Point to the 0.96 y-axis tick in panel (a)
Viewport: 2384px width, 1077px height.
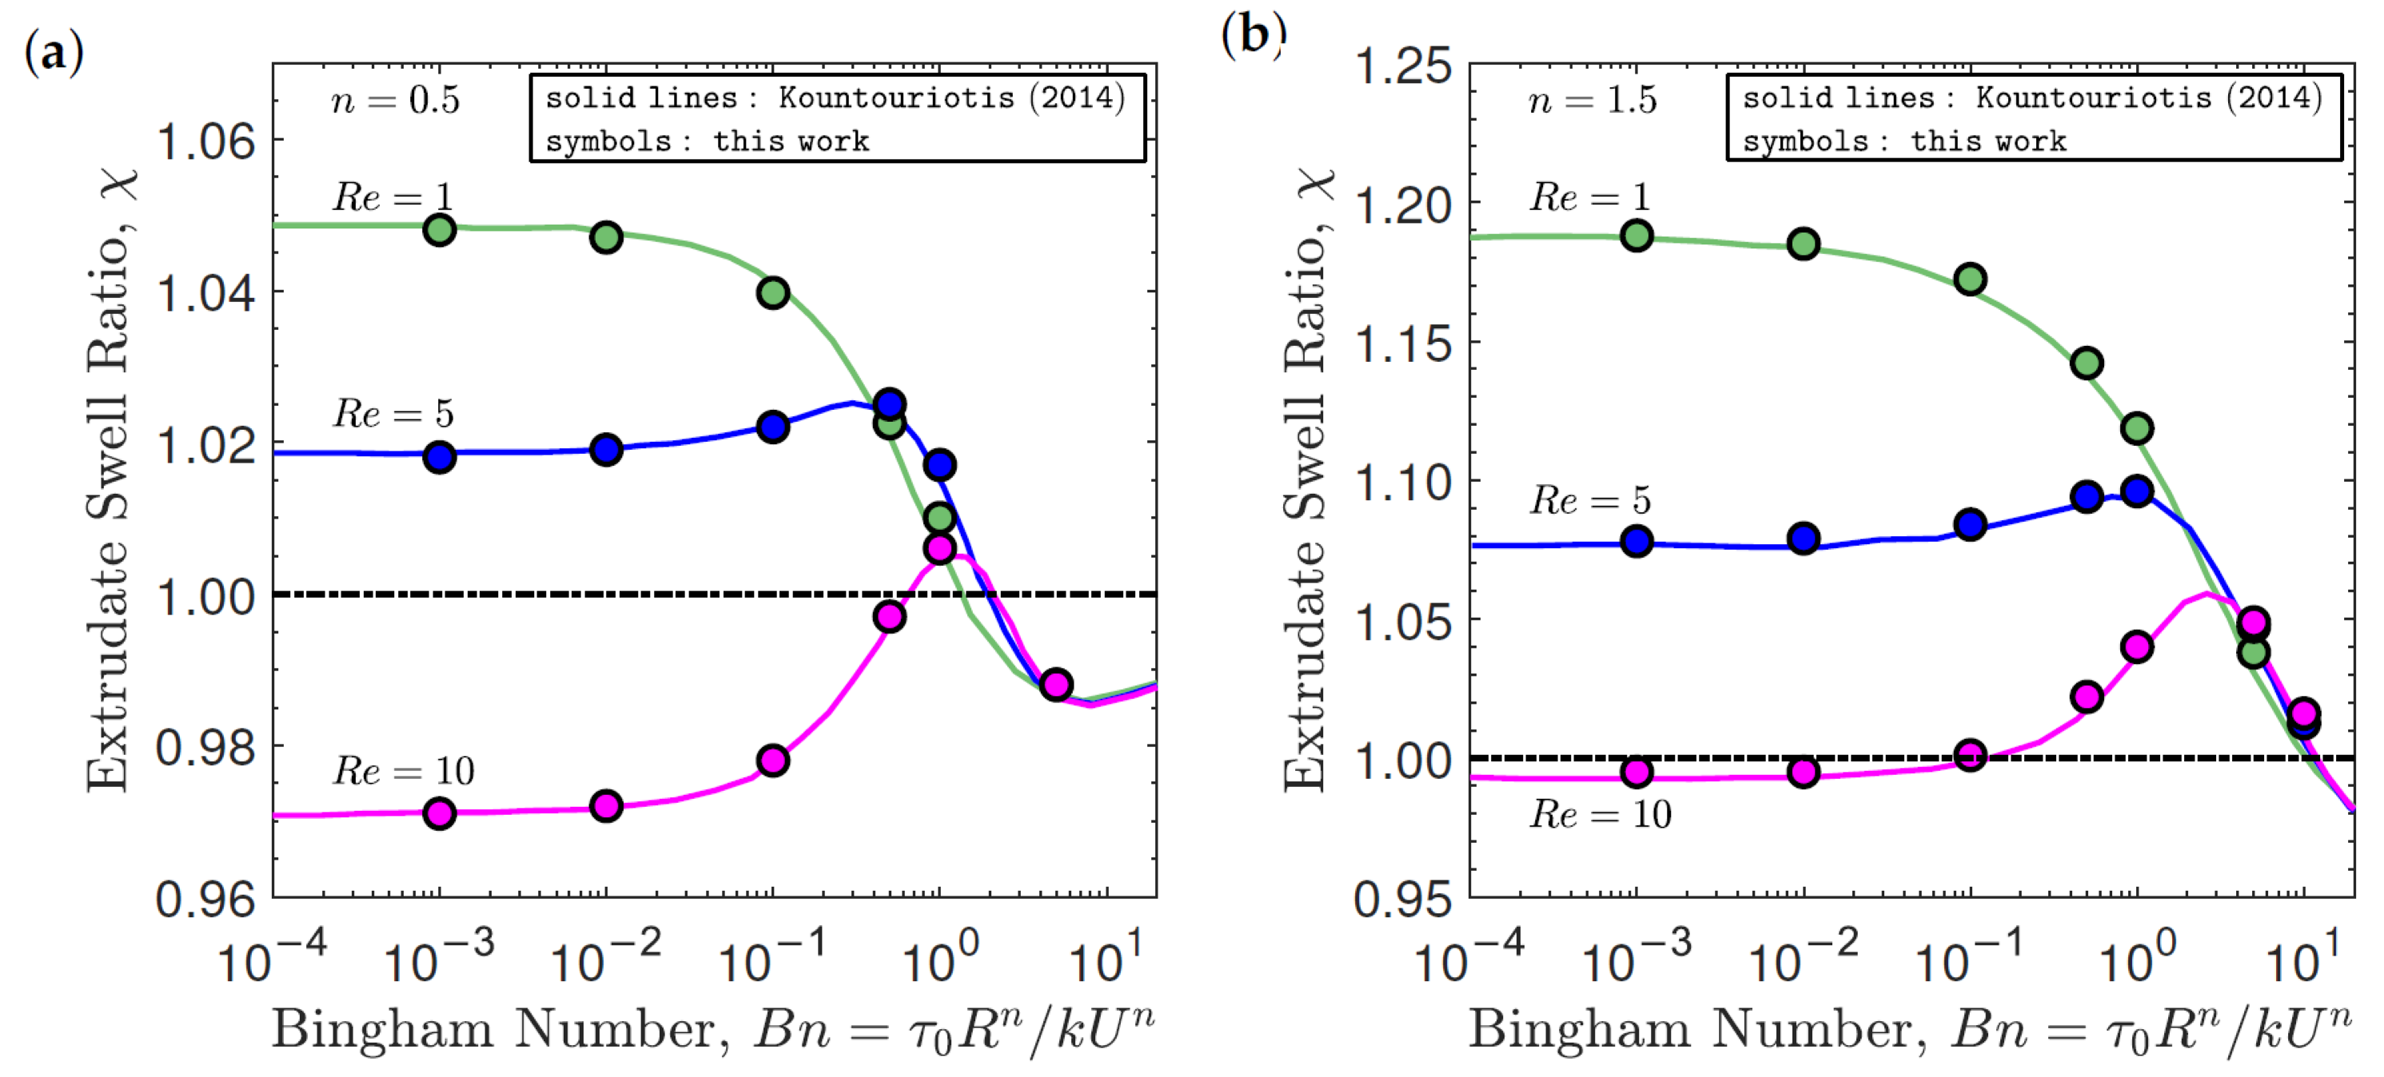coord(205,898)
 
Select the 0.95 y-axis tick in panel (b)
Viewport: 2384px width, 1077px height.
coord(1402,898)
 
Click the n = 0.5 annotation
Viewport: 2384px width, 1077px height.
coord(396,100)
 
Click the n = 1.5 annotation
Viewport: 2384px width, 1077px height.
coord(1593,100)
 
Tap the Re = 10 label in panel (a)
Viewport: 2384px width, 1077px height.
coord(404,771)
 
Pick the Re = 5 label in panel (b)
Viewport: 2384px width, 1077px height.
coord(1590,501)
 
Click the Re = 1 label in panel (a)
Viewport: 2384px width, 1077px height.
coord(393,197)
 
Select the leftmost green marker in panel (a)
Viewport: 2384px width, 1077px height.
coord(440,229)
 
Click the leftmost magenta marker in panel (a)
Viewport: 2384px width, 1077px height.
coord(440,813)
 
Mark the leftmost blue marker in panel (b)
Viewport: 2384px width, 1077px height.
coord(1637,540)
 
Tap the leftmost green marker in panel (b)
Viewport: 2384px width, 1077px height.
coord(1637,235)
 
